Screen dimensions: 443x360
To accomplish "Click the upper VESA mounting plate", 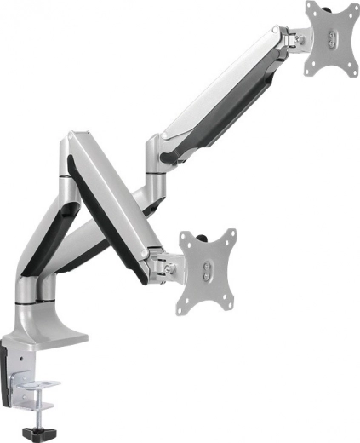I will pos(331,37).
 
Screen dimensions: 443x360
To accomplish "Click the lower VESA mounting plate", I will pos(207,271).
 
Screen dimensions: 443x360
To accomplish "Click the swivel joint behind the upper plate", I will pos(298,38).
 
